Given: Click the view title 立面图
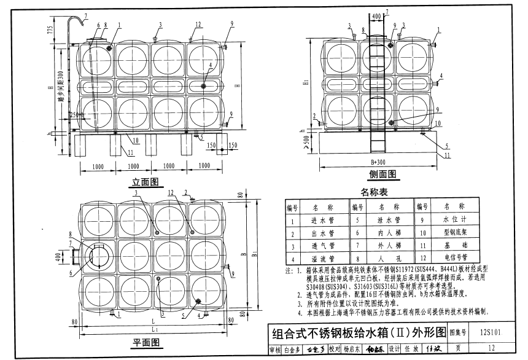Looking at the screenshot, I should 146,182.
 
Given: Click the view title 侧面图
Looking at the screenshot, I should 382,173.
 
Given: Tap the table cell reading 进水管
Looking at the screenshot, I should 323,221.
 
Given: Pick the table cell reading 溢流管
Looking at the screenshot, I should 323,259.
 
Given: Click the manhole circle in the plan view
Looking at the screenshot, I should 99,255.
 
